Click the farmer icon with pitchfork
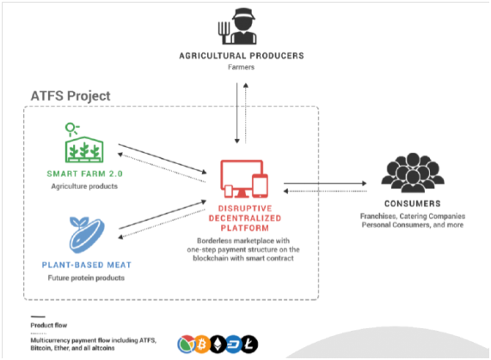pyautogui.click(x=237, y=27)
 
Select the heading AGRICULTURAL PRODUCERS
pyautogui.click(x=242, y=56)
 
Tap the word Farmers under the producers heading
pyautogui.click(x=241, y=67)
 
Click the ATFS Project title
pyautogui.click(x=71, y=96)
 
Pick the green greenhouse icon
pyautogui.click(x=84, y=143)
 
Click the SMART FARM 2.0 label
pyautogui.click(x=84, y=174)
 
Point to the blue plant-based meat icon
pyautogui.click(x=87, y=235)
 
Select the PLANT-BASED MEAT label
pyautogui.click(x=87, y=265)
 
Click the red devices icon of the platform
pyautogui.click(x=244, y=179)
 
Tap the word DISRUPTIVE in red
pyautogui.click(x=245, y=208)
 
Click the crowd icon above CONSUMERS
pyautogui.click(x=413, y=173)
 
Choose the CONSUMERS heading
pyautogui.click(x=413, y=204)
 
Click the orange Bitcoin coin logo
pyautogui.click(x=202, y=345)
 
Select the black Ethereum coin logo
pyautogui.click(x=218, y=345)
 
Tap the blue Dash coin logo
pyautogui.click(x=234, y=345)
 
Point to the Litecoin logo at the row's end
pyautogui.click(x=249, y=345)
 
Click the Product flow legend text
pyautogui.click(x=49, y=326)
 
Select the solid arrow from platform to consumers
pyautogui.click(x=325, y=183)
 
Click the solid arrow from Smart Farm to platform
pyautogui.click(x=163, y=158)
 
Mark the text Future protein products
pyautogui.click(x=86, y=278)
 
